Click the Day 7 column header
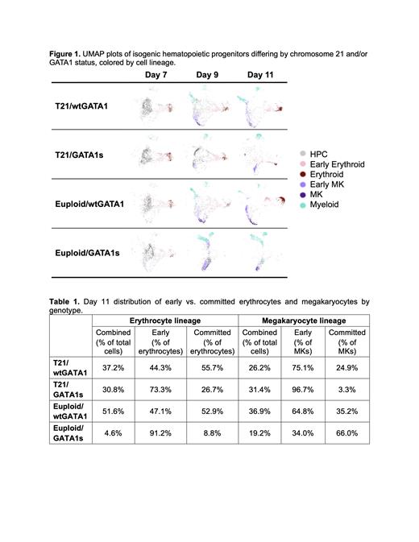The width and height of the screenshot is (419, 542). [157, 75]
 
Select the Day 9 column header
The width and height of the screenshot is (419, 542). [208, 75]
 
